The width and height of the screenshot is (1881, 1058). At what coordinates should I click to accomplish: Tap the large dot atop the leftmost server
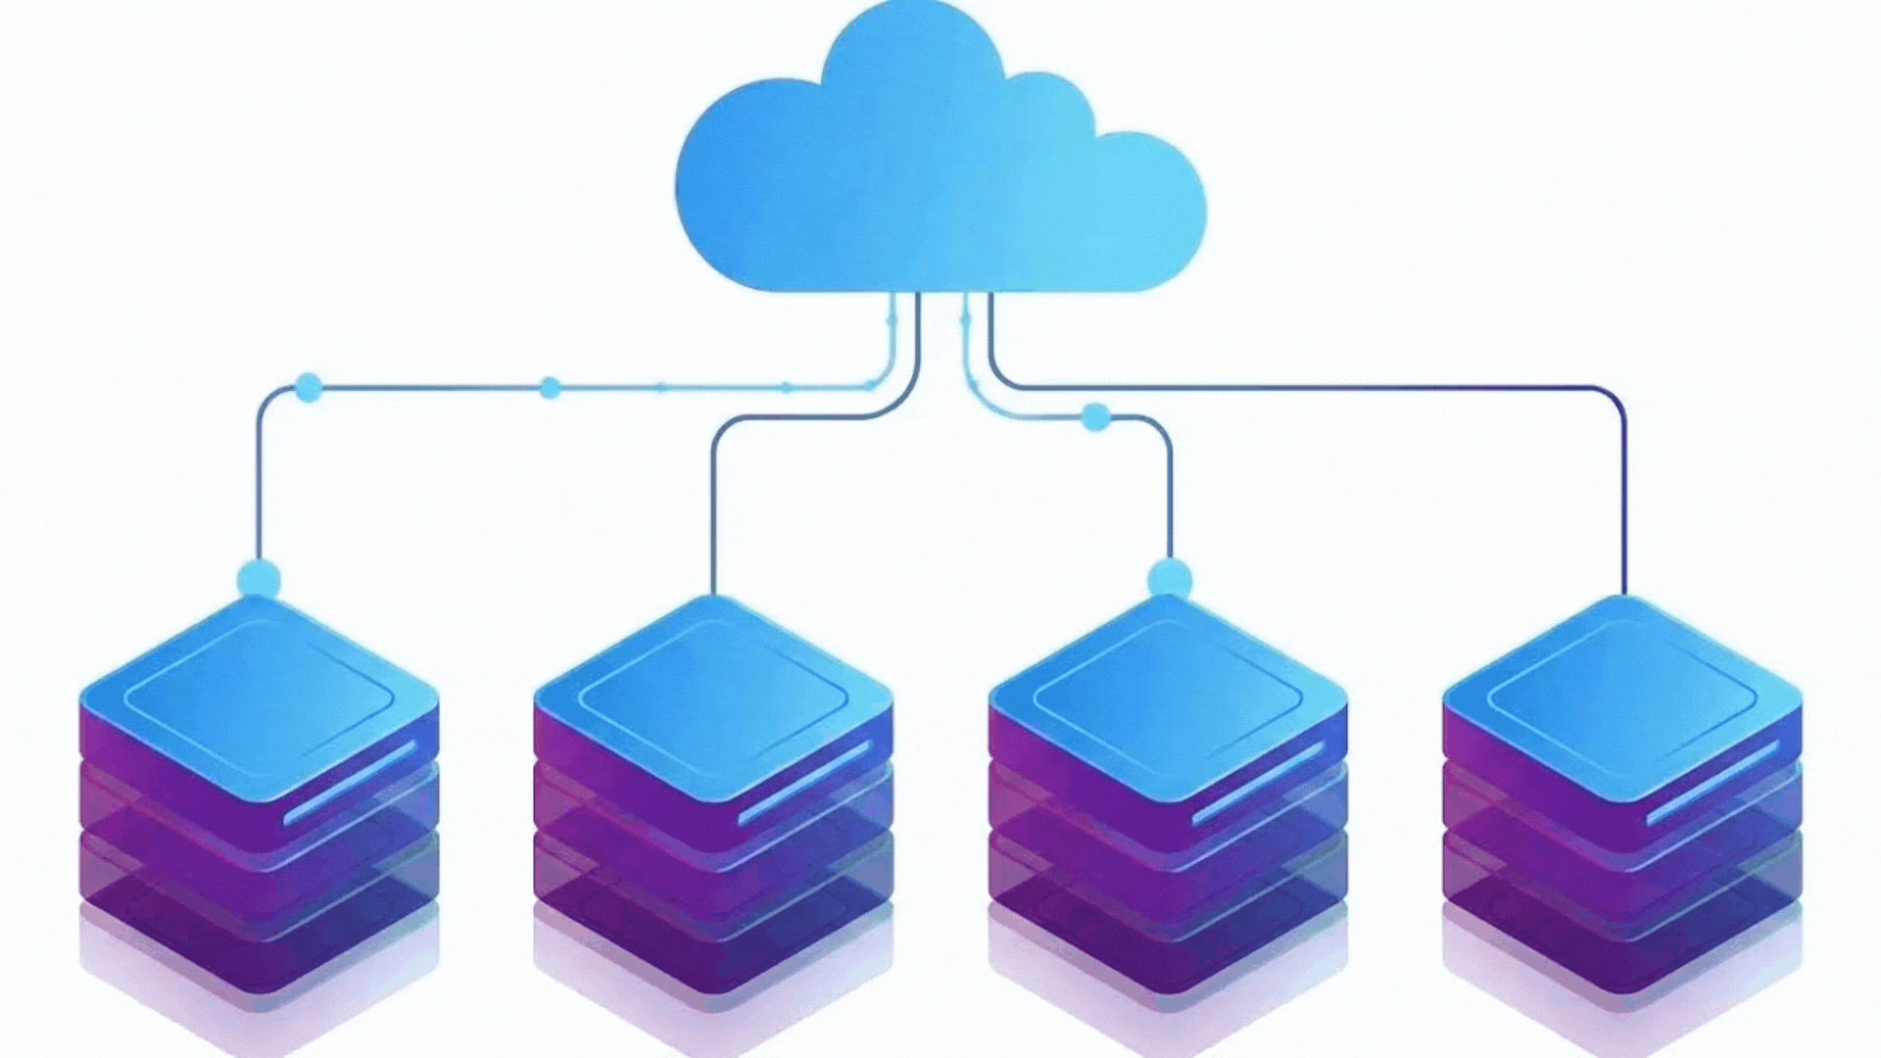[259, 579]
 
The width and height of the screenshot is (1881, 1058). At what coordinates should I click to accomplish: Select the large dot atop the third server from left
[1169, 578]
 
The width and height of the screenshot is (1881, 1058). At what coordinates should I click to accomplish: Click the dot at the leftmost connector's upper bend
[308, 388]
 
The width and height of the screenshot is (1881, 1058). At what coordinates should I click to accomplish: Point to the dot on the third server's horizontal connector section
[1095, 418]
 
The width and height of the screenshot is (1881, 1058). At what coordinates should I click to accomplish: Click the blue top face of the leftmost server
[259, 691]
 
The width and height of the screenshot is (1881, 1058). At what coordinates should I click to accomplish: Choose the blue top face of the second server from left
[713, 691]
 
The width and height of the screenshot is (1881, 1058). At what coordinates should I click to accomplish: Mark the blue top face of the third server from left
[1168, 691]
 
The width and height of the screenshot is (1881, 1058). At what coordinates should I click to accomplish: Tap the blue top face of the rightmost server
[1622, 691]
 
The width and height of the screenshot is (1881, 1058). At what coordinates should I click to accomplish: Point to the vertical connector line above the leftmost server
[260, 480]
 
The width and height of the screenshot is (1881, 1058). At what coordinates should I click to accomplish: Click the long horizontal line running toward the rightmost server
[1303, 388]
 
